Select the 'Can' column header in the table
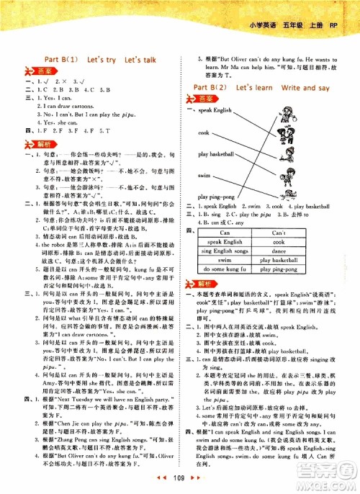click(230, 233)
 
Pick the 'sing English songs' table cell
click(230, 251)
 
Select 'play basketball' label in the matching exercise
click(213, 155)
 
